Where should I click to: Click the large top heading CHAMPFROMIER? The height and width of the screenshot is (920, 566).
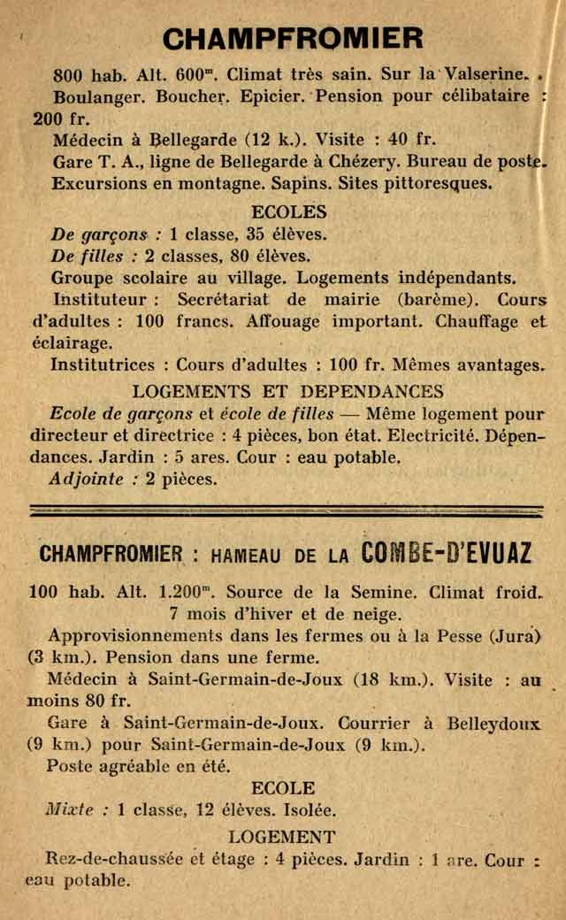point(294,38)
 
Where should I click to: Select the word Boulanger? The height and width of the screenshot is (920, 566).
point(94,96)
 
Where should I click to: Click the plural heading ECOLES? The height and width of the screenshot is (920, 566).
point(289,212)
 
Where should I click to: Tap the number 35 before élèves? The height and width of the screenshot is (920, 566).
point(240,234)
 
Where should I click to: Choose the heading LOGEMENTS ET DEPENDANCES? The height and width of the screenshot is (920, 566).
point(288,391)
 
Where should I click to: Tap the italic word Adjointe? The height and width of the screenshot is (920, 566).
point(87,479)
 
